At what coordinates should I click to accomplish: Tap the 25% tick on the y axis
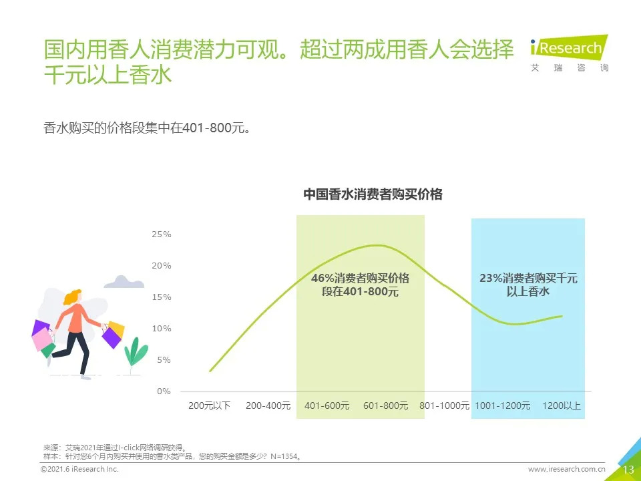point(162,234)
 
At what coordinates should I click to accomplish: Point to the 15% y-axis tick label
point(162,297)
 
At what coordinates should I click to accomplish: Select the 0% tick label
point(164,391)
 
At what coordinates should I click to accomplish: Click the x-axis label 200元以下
point(209,406)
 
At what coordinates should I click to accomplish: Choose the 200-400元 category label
point(268,406)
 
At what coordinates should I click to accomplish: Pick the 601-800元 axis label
point(385,406)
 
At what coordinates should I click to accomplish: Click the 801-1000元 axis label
point(444,406)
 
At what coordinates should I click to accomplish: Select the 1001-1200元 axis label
point(503,406)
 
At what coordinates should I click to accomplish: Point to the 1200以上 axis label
point(562,406)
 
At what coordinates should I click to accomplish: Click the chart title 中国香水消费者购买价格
point(373,194)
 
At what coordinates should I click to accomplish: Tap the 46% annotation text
point(360,285)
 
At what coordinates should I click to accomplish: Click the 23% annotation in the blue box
point(528,285)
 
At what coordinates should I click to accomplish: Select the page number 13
point(628,470)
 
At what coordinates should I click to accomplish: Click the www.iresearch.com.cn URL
point(566,470)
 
